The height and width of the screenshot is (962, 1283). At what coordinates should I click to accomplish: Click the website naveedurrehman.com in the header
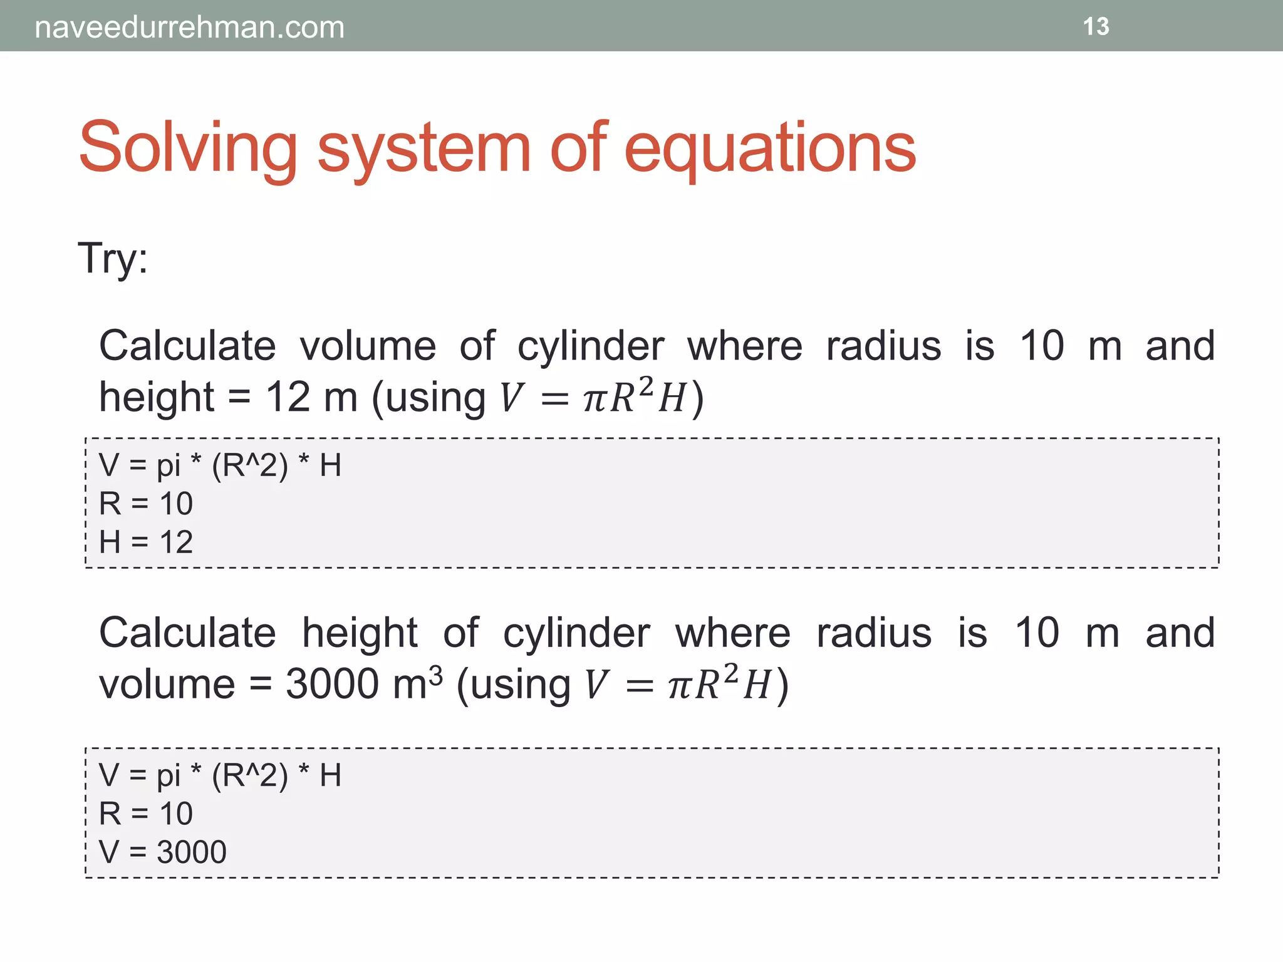[x=189, y=28]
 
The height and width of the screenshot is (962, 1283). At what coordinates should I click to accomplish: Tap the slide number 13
[x=1096, y=27]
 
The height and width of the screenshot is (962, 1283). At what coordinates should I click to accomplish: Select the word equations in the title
[x=770, y=148]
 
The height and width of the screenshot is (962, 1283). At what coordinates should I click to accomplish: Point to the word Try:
[x=113, y=258]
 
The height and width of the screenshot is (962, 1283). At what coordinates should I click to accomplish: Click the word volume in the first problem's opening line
[x=368, y=346]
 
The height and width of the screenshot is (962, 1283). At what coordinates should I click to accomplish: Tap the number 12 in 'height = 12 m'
[x=288, y=397]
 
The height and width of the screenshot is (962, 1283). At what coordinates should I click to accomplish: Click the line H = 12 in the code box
[x=146, y=542]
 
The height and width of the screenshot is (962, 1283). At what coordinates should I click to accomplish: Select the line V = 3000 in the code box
[x=163, y=852]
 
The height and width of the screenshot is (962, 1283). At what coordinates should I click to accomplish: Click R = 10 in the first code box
[x=146, y=504]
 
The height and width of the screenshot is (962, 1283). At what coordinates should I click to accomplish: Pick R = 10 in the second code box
[x=146, y=814]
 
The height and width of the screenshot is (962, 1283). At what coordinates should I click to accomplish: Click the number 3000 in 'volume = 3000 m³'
[x=332, y=683]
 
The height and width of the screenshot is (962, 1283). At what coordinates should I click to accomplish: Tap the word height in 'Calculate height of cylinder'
[x=360, y=633]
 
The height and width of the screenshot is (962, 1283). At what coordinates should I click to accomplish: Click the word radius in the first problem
[x=883, y=346]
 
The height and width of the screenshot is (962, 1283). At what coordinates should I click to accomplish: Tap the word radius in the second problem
[x=874, y=633]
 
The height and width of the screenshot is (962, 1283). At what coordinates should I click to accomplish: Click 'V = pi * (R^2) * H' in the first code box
[x=220, y=465]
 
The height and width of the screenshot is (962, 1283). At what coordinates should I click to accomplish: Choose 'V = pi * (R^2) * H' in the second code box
[x=220, y=775]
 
